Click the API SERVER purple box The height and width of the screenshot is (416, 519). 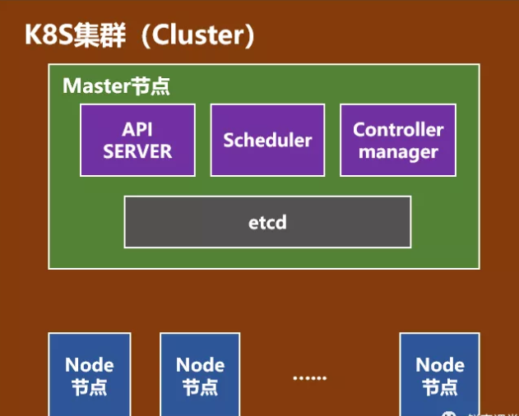click(137, 140)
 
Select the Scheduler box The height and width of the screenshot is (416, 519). click(267, 140)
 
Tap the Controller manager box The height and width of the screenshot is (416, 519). click(398, 140)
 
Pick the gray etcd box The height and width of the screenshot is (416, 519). click(267, 222)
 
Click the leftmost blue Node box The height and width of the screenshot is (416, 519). click(90, 374)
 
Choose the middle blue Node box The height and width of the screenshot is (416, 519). click(201, 374)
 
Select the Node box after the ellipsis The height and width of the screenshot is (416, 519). click(440, 374)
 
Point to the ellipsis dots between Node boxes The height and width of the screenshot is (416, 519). click(309, 377)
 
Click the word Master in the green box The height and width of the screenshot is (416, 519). click(96, 86)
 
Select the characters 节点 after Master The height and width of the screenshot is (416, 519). click(151, 86)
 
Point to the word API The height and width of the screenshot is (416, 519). click(137, 130)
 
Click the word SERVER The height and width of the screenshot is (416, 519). click(137, 151)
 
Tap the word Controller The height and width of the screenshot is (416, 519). click(398, 130)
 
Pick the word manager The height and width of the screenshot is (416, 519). click(398, 152)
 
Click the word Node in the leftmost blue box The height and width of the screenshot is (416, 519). click(90, 364)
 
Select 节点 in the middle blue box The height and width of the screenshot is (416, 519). click(201, 386)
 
